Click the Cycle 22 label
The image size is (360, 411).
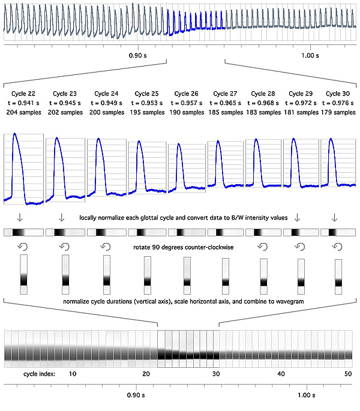[x=23, y=94]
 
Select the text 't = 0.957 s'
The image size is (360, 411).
[x=185, y=103]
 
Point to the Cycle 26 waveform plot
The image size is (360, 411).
[x=185, y=169]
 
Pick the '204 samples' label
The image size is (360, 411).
[x=23, y=112]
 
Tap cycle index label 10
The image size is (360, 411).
[x=72, y=374]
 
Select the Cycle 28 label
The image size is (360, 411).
[x=262, y=94]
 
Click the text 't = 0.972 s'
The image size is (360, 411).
[x=301, y=103]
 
